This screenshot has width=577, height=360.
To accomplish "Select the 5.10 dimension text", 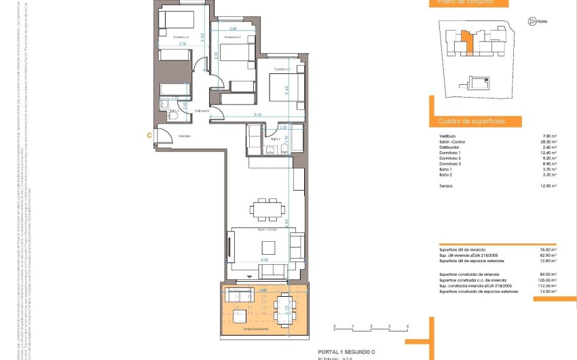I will coord(258,115).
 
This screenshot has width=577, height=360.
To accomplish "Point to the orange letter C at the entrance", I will coord(149,135).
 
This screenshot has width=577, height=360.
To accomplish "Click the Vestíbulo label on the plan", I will coord(185,136).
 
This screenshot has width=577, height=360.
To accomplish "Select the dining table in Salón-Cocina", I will coord(265,208).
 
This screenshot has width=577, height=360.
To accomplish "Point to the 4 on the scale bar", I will coord(407,327).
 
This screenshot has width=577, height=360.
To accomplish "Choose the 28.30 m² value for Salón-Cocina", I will coord(548,141).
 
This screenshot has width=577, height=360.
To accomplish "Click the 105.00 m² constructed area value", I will coord(547,279).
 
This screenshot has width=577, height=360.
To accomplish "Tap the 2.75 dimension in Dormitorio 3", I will coord(183,44).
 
